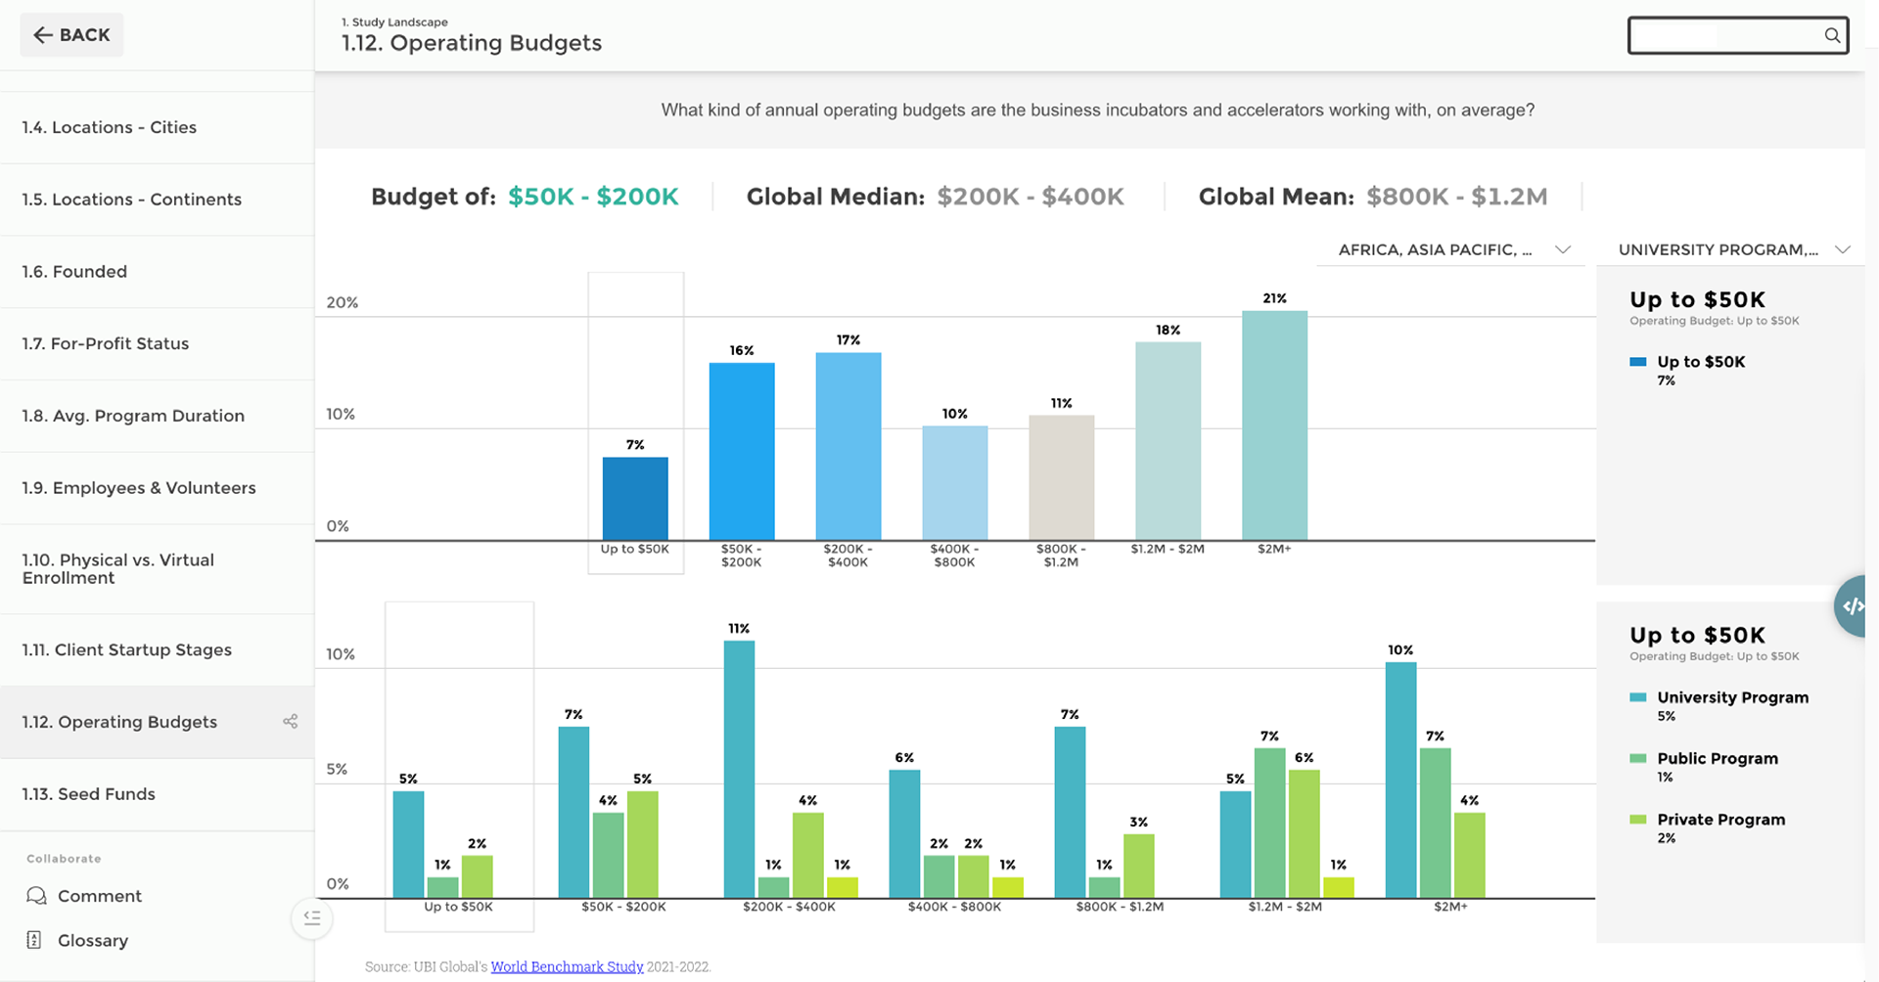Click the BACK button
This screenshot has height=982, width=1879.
click(71, 35)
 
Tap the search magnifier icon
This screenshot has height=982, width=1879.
click(1832, 36)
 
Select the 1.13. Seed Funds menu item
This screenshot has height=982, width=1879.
click(89, 794)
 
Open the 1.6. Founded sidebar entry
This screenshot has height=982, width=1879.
click(74, 272)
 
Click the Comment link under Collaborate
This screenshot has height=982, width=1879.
click(99, 896)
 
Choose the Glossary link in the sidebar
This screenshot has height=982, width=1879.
click(92, 941)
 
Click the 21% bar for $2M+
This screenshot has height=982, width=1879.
click(1274, 425)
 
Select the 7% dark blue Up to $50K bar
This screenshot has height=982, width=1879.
click(635, 499)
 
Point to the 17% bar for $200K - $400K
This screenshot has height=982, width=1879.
click(848, 446)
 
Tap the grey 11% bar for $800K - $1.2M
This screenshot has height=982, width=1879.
click(1062, 477)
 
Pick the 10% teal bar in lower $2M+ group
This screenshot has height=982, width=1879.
click(1400, 780)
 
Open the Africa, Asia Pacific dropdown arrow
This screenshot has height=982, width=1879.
click(1563, 250)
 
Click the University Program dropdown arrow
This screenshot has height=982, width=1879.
click(1843, 250)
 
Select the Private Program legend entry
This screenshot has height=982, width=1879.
click(1720, 820)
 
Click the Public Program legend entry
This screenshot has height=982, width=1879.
click(1717, 759)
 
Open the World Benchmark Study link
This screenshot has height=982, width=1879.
click(567, 967)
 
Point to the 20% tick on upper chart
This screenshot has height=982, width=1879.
click(343, 303)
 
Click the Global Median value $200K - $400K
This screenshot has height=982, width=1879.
click(1031, 198)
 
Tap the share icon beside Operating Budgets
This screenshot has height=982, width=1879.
click(291, 722)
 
